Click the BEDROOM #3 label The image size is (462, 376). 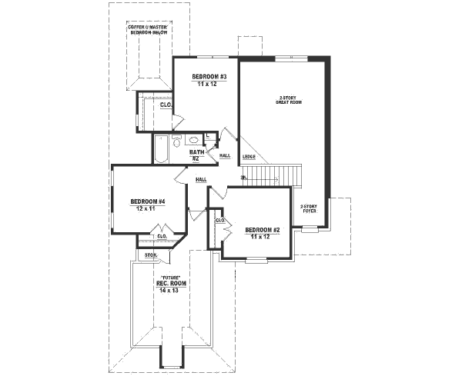208,77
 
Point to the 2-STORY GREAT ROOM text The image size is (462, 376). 289,101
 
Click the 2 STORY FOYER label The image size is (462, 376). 309,208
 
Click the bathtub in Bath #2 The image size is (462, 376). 161,148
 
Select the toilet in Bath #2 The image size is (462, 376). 176,141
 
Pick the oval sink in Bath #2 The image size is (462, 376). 193,141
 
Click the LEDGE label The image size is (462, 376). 249,157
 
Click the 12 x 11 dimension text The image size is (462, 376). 139,208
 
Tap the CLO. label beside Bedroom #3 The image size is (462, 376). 165,105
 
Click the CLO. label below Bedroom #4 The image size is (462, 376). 162,236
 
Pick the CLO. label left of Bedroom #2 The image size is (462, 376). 219,221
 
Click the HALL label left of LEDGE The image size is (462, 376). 225,156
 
